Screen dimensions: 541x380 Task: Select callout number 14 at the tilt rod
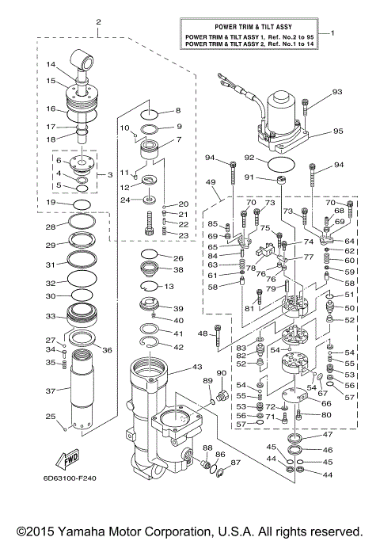50,65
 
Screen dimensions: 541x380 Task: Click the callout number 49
211,183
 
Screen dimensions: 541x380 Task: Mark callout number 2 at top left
98,21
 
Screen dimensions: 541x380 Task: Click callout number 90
222,373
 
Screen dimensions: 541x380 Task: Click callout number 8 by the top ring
178,110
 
